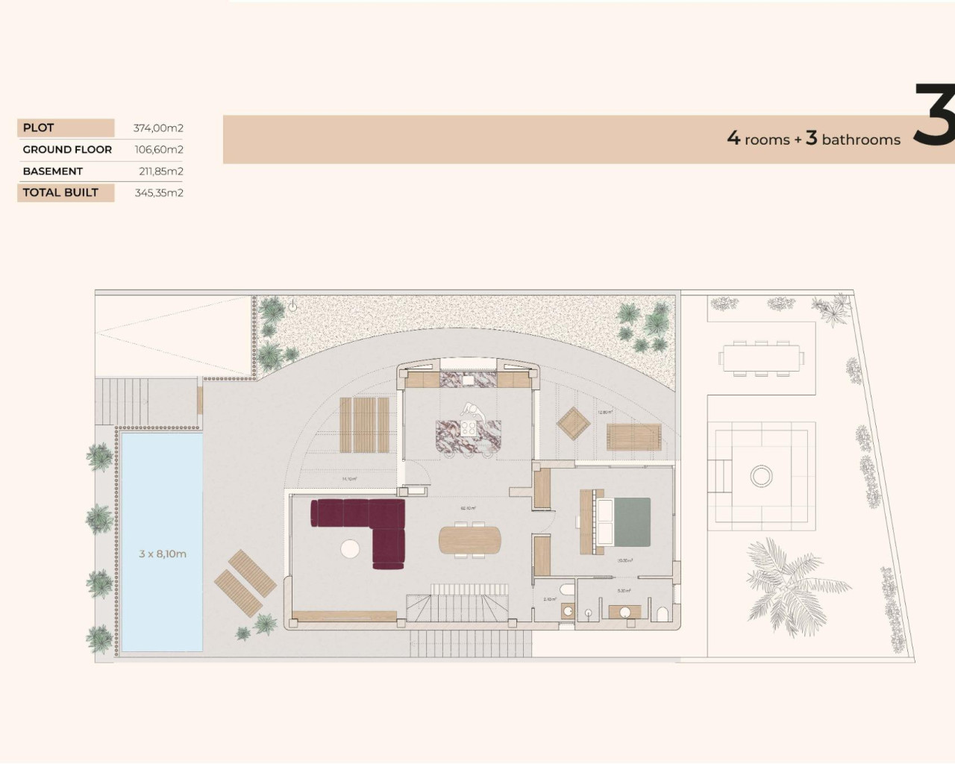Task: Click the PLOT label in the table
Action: pyautogui.click(x=39, y=128)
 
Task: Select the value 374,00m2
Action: pyautogui.click(x=158, y=128)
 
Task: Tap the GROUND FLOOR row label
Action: pyautogui.click(x=67, y=149)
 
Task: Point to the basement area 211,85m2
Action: pyautogui.click(x=160, y=171)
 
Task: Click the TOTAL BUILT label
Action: pyautogui.click(x=60, y=192)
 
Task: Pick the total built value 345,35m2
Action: pyautogui.click(x=159, y=192)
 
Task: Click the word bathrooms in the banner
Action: pyautogui.click(x=861, y=140)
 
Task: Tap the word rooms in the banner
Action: pyautogui.click(x=767, y=140)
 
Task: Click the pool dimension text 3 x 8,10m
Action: pyautogui.click(x=163, y=554)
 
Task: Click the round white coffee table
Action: pyautogui.click(x=350, y=549)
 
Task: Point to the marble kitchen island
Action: pyautogui.click(x=469, y=436)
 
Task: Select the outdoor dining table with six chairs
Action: pyautogui.click(x=762, y=357)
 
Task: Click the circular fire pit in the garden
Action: pyautogui.click(x=761, y=475)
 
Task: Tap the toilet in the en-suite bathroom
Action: pyautogui.click(x=662, y=614)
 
